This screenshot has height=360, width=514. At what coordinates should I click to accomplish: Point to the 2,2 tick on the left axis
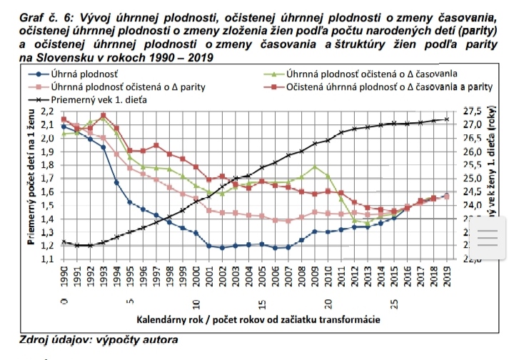(49, 112)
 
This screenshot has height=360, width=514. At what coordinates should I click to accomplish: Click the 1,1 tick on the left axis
(49, 259)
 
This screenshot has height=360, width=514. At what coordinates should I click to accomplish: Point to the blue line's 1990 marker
(64, 127)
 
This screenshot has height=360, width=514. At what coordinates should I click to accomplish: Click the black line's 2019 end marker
(448, 119)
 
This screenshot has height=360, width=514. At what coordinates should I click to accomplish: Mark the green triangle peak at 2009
(315, 166)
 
